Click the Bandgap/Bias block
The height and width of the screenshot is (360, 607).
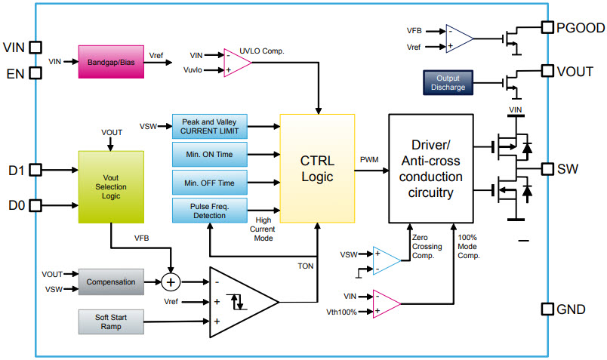click(x=110, y=60)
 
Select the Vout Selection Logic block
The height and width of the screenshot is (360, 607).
click(x=110, y=186)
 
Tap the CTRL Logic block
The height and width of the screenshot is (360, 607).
click(x=316, y=168)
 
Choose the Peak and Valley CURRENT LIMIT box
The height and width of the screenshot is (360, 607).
click(x=209, y=126)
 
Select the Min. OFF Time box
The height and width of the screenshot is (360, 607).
click(x=209, y=183)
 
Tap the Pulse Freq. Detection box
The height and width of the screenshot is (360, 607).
click(x=209, y=211)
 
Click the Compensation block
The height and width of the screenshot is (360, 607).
click(x=110, y=282)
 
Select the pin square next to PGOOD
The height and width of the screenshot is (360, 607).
click(x=548, y=28)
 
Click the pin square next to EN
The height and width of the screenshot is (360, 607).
click(x=35, y=74)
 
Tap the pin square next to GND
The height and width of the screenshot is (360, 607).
click(x=548, y=309)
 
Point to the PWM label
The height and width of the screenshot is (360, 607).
click(x=369, y=158)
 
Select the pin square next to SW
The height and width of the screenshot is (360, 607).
click(x=548, y=168)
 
